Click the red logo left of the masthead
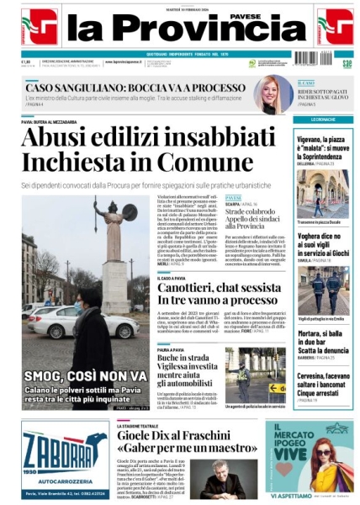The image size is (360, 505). tap(39, 27)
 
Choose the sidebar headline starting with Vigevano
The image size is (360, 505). tap(323, 148)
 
